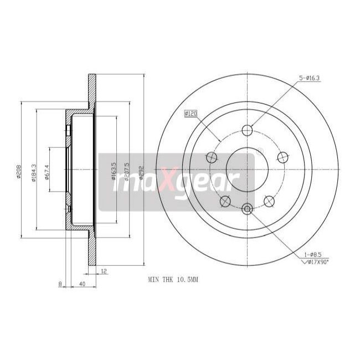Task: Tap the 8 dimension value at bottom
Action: (x=60, y=285)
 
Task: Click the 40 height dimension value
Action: (x=81, y=285)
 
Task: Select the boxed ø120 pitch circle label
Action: (x=191, y=114)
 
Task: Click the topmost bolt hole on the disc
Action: (x=248, y=131)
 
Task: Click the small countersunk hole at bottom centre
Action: (x=248, y=208)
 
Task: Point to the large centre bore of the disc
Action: (x=248, y=169)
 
